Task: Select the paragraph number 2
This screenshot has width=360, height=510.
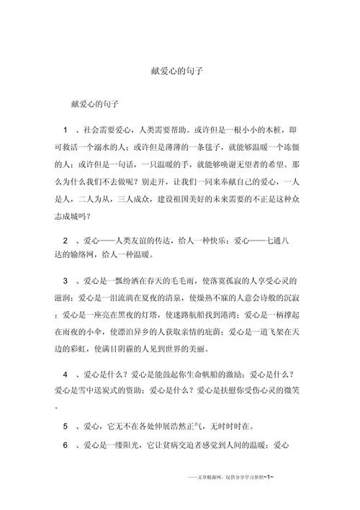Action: (66, 239)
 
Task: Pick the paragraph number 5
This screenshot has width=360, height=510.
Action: (66, 426)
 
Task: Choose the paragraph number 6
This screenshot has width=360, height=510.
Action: (66, 445)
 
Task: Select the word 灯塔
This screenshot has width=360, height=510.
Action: (135, 314)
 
